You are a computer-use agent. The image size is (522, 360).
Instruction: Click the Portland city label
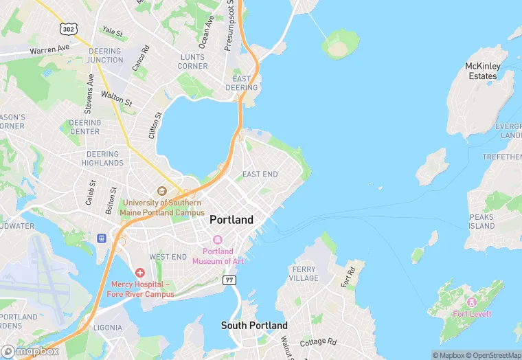click(x=231, y=220)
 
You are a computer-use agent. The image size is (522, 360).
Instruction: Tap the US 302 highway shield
click(x=67, y=29)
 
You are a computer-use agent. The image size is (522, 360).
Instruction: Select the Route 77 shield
click(x=229, y=280)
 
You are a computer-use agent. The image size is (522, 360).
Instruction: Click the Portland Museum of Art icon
click(x=218, y=240)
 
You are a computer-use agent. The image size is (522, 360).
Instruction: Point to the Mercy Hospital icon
click(x=140, y=273)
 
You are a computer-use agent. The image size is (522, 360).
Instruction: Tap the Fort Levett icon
click(x=471, y=302)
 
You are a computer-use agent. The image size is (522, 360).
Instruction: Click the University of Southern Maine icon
click(x=162, y=191)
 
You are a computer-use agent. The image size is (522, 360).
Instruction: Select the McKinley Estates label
click(x=482, y=71)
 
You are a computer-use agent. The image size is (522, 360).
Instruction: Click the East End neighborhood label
click(x=260, y=175)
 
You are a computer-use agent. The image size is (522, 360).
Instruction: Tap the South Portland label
click(x=254, y=325)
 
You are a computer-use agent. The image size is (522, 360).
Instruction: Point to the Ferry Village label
click(x=305, y=273)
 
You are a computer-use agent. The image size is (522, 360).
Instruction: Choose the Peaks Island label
click(x=481, y=221)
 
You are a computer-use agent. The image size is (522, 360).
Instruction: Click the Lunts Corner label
click(x=192, y=61)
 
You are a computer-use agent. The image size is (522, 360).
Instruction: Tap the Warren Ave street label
click(x=49, y=50)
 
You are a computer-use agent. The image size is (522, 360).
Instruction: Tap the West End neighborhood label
click(x=168, y=257)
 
